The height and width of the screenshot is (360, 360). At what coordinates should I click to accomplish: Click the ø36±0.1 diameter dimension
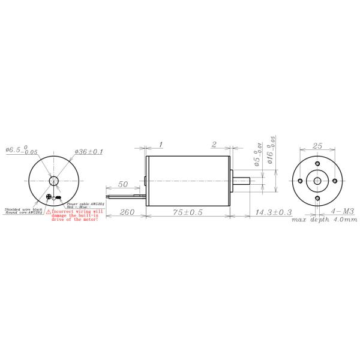(x=89, y=152)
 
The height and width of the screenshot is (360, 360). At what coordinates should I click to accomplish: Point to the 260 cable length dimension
(x=127, y=212)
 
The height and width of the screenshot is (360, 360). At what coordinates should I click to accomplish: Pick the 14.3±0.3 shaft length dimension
(x=273, y=212)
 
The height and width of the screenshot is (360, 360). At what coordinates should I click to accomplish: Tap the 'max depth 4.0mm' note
(x=324, y=220)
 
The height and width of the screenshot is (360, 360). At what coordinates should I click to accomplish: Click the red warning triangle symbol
(x=49, y=212)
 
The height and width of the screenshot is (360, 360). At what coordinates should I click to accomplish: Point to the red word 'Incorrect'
(x=65, y=212)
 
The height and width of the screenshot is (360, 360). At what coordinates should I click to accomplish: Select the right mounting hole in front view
(x=334, y=180)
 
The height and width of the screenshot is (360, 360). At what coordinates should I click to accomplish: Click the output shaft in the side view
(x=244, y=180)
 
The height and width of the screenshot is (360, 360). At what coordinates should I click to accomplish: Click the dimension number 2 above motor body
(x=214, y=145)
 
